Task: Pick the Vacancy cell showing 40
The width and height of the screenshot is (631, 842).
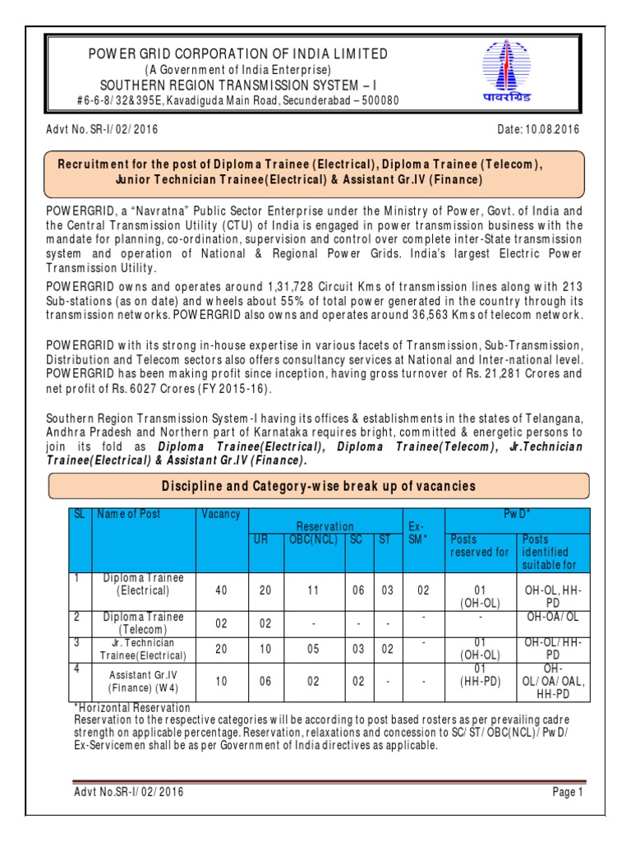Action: coord(221,590)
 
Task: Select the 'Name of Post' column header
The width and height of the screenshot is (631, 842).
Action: coord(129,514)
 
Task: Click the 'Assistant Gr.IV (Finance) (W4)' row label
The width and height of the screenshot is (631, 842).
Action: coord(144,682)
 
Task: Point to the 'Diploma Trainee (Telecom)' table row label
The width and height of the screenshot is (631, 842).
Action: coord(144,622)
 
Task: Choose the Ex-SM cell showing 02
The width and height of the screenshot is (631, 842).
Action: coord(422,590)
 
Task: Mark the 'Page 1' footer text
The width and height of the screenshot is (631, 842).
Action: coord(566,792)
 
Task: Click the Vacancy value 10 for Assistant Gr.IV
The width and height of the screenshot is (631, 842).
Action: coord(221,682)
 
